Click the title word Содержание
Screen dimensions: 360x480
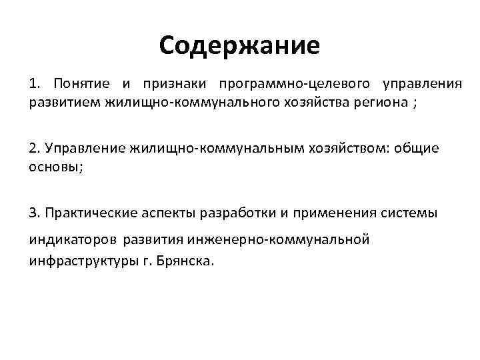[x=240, y=45]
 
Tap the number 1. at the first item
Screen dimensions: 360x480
[x=34, y=85]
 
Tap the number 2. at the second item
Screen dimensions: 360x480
[x=33, y=147]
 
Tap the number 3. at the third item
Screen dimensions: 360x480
[x=33, y=213]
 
